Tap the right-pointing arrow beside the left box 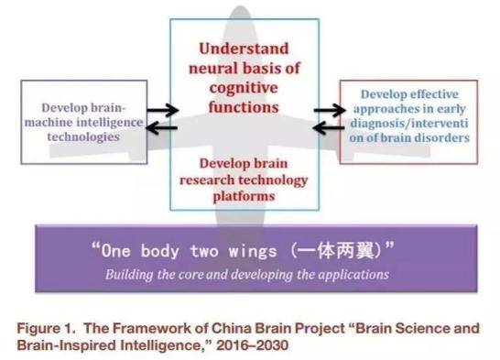click(162, 112)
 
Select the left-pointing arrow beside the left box click(162, 127)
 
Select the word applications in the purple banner click(353, 274)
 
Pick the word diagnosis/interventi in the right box click(408, 123)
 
